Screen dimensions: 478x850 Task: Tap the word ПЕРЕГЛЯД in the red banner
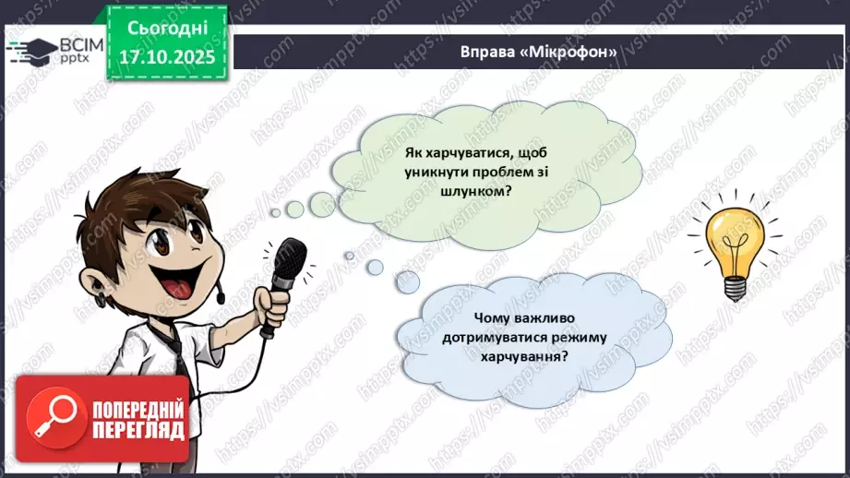pos(139,431)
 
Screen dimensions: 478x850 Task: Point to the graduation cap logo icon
pos(27,50)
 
